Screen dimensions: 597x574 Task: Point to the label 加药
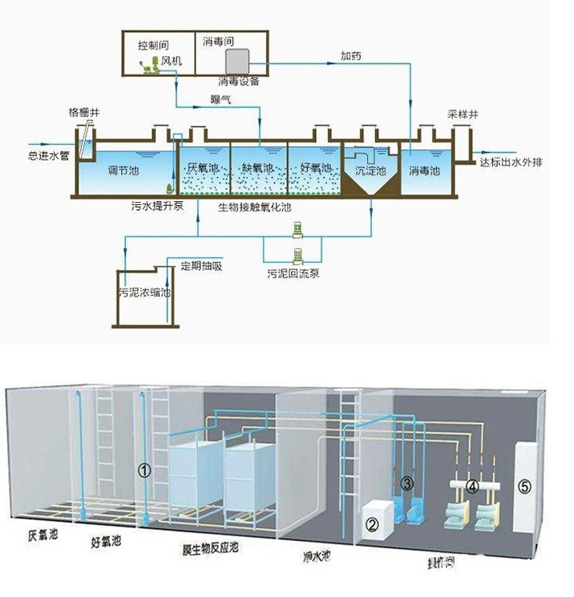coord(350,57)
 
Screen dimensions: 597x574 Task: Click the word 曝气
coord(220,99)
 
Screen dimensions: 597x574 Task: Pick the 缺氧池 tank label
coord(257,168)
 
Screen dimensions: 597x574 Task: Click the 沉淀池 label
coord(370,171)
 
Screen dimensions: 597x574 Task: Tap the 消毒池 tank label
coord(424,171)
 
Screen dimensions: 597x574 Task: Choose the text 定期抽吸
coord(200,266)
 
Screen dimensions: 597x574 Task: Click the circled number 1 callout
coord(144,471)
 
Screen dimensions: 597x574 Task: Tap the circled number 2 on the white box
coord(372,525)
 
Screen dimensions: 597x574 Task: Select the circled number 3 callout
coord(407,482)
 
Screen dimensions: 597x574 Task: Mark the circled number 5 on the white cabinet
coord(525,486)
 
